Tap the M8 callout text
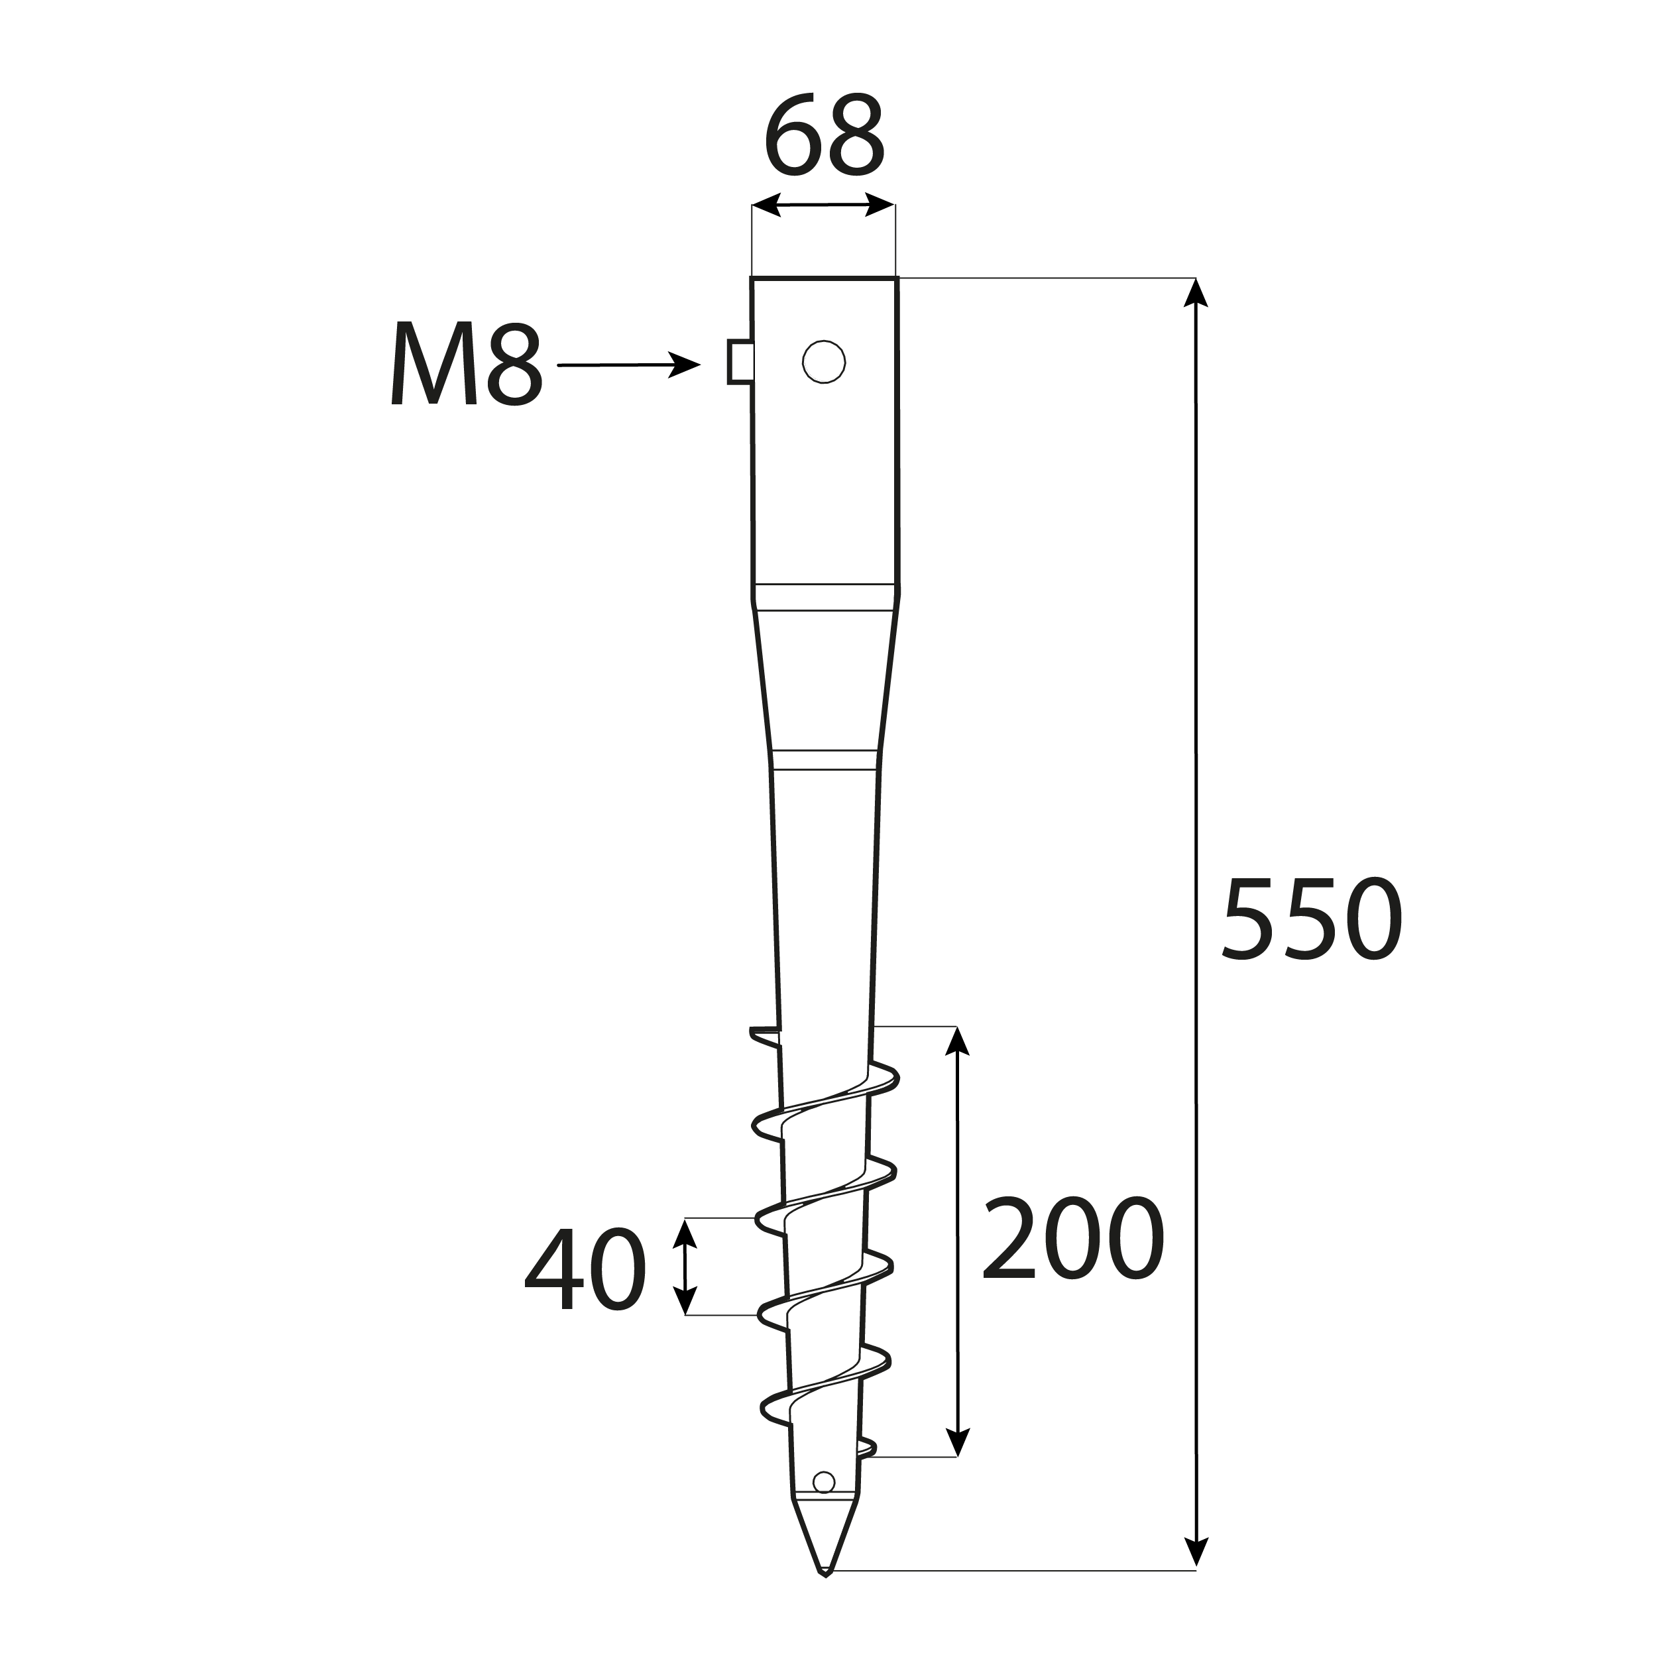pos(467,363)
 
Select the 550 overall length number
pos(1312,918)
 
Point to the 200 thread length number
pos(1073,1239)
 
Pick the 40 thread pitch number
pos(585,1269)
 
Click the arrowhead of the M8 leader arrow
pos(685,365)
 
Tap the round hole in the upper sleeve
pos(823,361)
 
